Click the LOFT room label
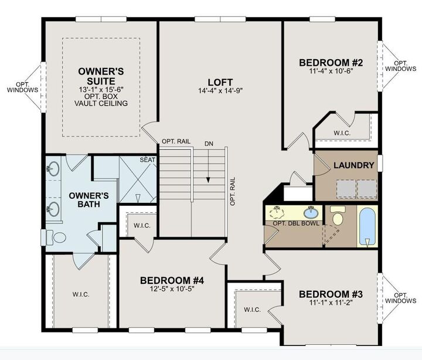[220, 82]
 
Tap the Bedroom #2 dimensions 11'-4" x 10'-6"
[331, 71]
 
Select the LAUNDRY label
[354, 165]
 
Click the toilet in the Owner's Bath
[56, 237]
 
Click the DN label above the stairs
[209, 144]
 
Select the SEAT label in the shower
[148, 160]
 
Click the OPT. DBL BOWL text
[296, 223]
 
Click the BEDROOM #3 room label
[331, 294]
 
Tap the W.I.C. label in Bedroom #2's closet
[342, 133]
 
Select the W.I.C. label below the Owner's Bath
[81, 294]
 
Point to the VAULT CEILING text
[101, 103]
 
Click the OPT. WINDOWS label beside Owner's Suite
[23, 87]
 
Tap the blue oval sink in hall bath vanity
[311, 213]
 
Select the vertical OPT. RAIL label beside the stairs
[233, 191]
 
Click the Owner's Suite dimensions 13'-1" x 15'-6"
[101, 89]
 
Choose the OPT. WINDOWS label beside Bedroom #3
[400, 298]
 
